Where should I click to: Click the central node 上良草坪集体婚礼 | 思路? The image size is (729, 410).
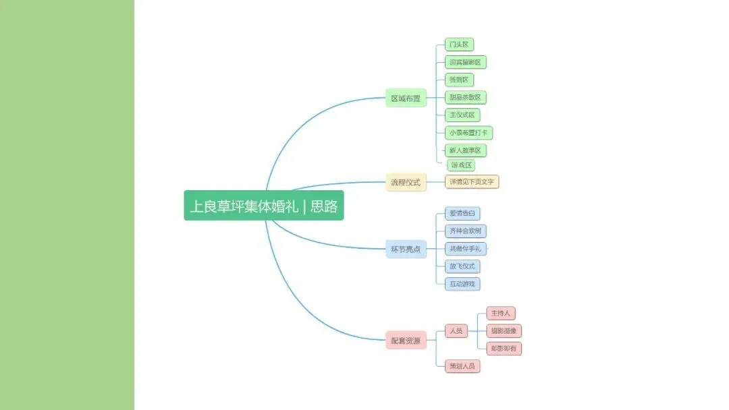pyautogui.click(x=263, y=206)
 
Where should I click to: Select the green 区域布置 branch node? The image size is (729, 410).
pyautogui.click(x=406, y=98)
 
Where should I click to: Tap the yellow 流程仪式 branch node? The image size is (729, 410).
pyautogui.click(x=406, y=182)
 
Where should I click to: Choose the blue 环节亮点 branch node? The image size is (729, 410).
pyautogui.click(x=406, y=249)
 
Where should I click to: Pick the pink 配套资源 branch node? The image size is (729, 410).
pyautogui.click(x=406, y=341)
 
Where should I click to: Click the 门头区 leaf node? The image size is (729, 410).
pyautogui.click(x=459, y=45)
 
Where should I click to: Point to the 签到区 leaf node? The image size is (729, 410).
pyautogui.click(x=459, y=80)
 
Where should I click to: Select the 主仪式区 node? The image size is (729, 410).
pyautogui.click(x=462, y=115)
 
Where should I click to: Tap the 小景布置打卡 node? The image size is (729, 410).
pyautogui.click(x=468, y=133)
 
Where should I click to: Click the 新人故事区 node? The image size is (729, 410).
pyautogui.click(x=466, y=150)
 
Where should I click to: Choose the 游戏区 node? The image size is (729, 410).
pyautogui.click(x=462, y=165)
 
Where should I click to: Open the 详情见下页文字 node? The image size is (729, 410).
pyautogui.click(x=472, y=181)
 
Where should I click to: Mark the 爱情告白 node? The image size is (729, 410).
pyautogui.click(x=462, y=213)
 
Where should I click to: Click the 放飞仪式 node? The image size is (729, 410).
pyautogui.click(x=462, y=266)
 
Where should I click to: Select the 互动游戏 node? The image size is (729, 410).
pyautogui.click(x=462, y=284)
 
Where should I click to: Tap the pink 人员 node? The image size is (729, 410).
pyautogui.click(x=456, y=331)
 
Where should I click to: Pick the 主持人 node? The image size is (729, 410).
pyautogui.click(x=501, y=313)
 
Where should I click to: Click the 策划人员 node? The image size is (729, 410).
pyautogui.click(x=462, y=366)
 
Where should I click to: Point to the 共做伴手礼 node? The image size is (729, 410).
pyautogui.click(x=465, y=249)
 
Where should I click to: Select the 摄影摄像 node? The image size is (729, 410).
pyautogui.click(x=504, y=330)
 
